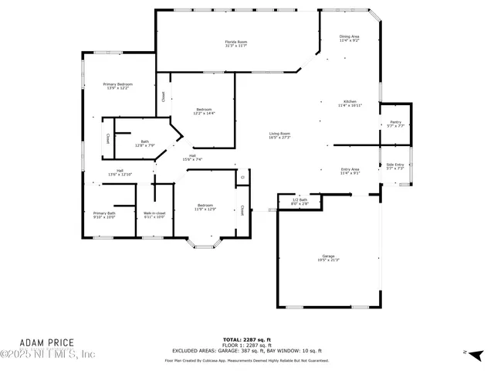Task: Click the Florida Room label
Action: [x=236, y=43]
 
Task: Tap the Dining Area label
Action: [x=350, y=38]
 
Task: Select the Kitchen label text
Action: [x=350, y=104]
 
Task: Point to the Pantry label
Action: [x=395, y=124]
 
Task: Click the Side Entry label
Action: [x=395, y=166]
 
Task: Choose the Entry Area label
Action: [x=350, y=171]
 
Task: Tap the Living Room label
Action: [x=279, y=135]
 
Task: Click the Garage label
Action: [x=328, y=258]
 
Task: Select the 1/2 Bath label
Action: [x=299, y=201]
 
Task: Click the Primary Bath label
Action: [x=104, y=215]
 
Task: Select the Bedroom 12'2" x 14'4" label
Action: [x=204, y=111]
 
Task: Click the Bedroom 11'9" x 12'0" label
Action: [x=205, y=207]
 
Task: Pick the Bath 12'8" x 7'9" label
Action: [x=144, y=143]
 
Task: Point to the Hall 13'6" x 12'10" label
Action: [x=120, y=172]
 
